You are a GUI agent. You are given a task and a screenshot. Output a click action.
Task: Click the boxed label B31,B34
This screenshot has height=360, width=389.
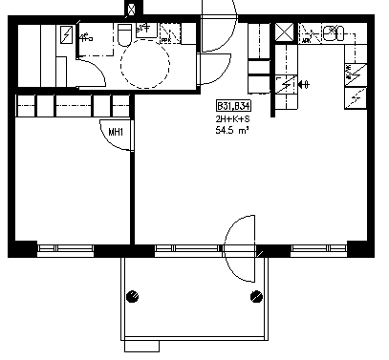(x=234, y=106)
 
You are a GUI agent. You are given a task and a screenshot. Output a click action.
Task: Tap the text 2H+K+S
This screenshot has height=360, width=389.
(x=232, y=119)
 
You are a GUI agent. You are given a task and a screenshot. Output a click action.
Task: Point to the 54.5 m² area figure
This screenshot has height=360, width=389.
(x=232, y=130)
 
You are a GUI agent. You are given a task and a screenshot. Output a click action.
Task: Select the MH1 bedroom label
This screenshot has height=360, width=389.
(x=116, y=132)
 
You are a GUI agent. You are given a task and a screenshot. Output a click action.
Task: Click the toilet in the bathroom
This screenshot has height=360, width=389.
(x=124, y=35)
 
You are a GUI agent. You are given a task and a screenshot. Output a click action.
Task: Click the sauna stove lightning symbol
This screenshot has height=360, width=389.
(x=66, y=35)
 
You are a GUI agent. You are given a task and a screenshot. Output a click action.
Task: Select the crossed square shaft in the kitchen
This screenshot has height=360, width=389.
(x=284, y=32)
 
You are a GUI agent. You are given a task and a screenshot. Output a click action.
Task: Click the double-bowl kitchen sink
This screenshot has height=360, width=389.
(x=334, y=33)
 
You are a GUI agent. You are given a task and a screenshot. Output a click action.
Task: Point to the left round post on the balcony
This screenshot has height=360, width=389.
(x=133, y=296)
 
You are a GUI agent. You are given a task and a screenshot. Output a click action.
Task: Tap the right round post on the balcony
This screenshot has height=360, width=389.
(x=256, y=297)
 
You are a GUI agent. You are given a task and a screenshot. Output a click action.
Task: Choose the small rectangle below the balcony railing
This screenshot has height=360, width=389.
(x=141, y=346)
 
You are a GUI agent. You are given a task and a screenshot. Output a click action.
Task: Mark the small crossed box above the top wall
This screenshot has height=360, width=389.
(x=131, y=10)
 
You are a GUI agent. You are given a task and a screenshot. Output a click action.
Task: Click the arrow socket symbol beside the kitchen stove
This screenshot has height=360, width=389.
(x=303, y=85)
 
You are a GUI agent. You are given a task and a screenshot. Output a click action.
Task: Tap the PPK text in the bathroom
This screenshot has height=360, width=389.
(x=165, y=40)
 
